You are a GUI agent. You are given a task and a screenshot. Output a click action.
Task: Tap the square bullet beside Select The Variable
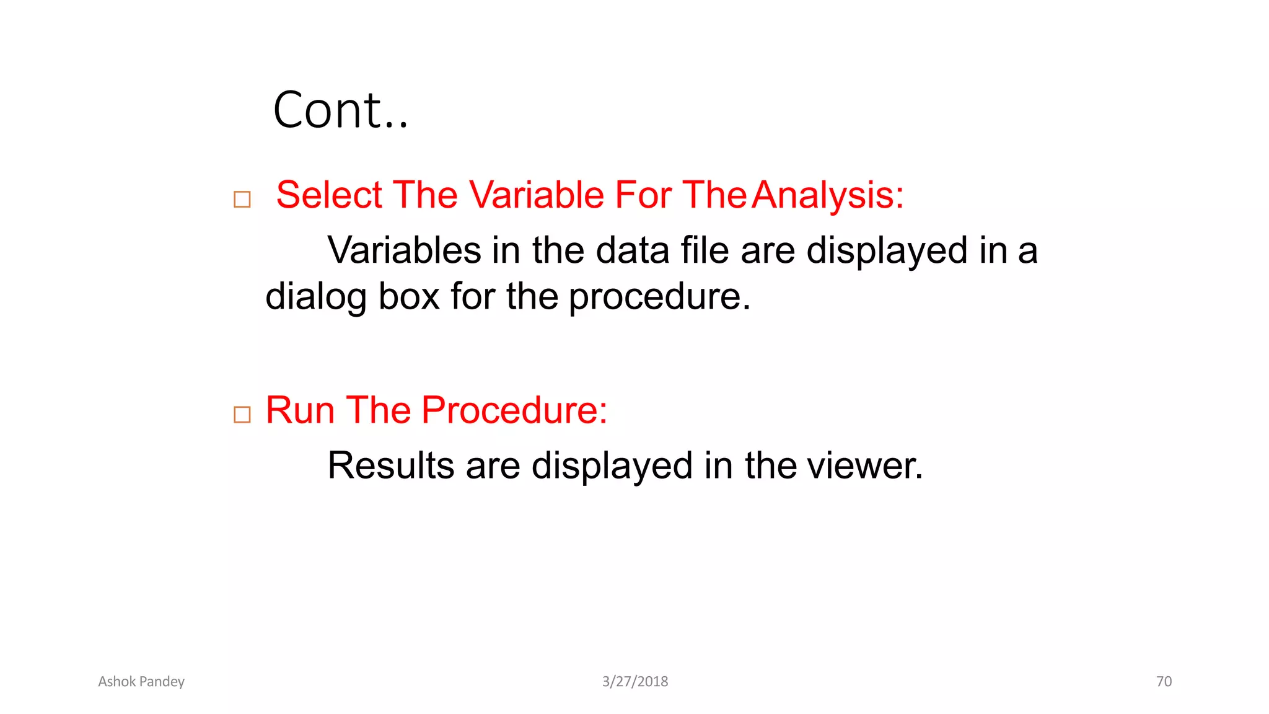(x=242, y=200)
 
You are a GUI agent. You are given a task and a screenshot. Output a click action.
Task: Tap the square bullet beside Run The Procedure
(x=242, y=415)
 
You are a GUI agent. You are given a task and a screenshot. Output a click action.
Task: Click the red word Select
(x=329, y=195)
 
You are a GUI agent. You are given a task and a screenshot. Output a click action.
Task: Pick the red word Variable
(x=535, y=195)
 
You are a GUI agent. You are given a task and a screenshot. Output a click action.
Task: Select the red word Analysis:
(x=828, y=196)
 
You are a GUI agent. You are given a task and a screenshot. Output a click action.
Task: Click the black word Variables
(x=404, y=250)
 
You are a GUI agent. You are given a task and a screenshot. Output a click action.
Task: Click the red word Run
(x=300, y=410)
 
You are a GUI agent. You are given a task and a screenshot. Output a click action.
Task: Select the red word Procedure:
(x=514, y=410)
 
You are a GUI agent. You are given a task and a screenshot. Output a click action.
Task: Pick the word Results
(x=390, y=465)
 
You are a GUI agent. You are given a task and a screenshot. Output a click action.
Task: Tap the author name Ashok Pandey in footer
(x=141, y=682)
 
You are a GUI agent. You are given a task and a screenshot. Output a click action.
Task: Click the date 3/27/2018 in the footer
(x=635, y=682)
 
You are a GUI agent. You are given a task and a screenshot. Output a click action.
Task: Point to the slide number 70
(x=1164, y=682)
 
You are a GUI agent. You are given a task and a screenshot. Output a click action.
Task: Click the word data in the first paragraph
(x=632, y=250)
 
